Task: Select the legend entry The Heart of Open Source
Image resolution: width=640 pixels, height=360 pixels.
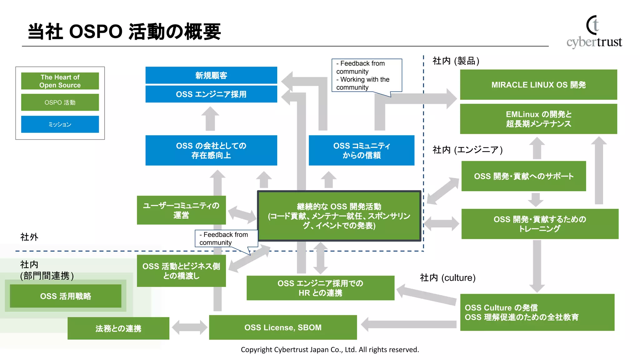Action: pyautogui.click(x=60, y=81)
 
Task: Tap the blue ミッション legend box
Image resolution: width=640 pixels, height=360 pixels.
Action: pyautogui.click(x=60, y=124)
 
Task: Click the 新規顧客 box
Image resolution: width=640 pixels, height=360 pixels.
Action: pyautogui.click(x=211, y=75)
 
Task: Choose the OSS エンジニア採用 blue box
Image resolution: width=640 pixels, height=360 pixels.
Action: pyautogui.click(x=211, y=94)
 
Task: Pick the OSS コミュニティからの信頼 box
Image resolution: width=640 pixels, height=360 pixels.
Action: pyautogui.click(x=362, y=150)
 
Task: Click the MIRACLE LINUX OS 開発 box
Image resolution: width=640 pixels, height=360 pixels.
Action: pyautogui.click(x=538, y=85)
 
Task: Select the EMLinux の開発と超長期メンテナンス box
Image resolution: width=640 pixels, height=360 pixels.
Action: pyautogui.click(x=538, y=119)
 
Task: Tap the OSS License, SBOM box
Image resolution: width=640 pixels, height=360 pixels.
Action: pyautogui.click(x=283, y=327)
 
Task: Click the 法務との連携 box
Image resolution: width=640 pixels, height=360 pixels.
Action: pyautogui.click(x=118, y=328)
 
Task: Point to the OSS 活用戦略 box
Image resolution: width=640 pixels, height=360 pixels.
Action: pyautogui.click(x=66, y=296)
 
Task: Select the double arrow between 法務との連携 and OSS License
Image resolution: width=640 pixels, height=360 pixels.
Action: pyautogui.click(x=189, y=327)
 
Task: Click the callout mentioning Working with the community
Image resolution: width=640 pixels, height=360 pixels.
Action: pyautogui.click(x=366, y=75)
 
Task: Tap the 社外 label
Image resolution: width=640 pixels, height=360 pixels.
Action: pyautogui.click(x=29, y=237)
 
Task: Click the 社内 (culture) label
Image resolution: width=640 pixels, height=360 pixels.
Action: pyautogui.click(x=447, y=277)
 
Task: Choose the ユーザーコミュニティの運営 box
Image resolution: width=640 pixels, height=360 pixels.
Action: pyautogui.click(x=181, y=210)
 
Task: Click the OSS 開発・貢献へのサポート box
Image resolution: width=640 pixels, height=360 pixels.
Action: pyautogui.click(x=523, y=176)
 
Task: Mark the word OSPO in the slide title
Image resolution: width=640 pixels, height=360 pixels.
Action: pyautogui.click(x=96, y=32)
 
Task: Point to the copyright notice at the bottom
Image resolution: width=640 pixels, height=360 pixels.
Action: pyautogui.click(x=330, y=350)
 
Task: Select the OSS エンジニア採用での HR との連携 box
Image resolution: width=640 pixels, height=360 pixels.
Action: pyautogui.click(x=320, y=288)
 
